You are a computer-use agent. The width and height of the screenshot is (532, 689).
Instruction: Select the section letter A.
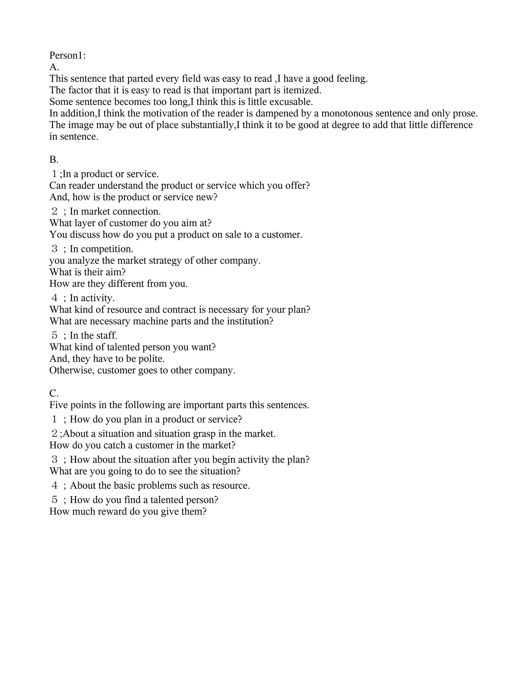[x=54, y=67]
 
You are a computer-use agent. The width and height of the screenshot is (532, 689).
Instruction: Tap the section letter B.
[x=54, y=160]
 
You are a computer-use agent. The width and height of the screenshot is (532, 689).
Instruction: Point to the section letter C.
[x=54, y=393]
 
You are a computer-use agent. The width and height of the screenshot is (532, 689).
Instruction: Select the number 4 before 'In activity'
[x=55, y=298]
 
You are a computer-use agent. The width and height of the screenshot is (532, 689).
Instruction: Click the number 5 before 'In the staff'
[x=55, y=335]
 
